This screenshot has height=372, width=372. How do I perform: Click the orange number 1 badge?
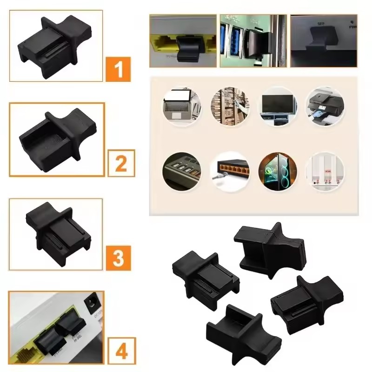pyautogui.click(x=119, y=69)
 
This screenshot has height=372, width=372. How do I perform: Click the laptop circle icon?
pyautogui.click(x=181, y=105)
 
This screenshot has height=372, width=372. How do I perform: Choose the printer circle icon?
pyautogui.click(x=325, y=106)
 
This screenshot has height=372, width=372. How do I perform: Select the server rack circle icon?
pyautogui.click(x=230, y=106)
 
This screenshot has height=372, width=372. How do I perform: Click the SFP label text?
pyautogui.click(x=320, y=22)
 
